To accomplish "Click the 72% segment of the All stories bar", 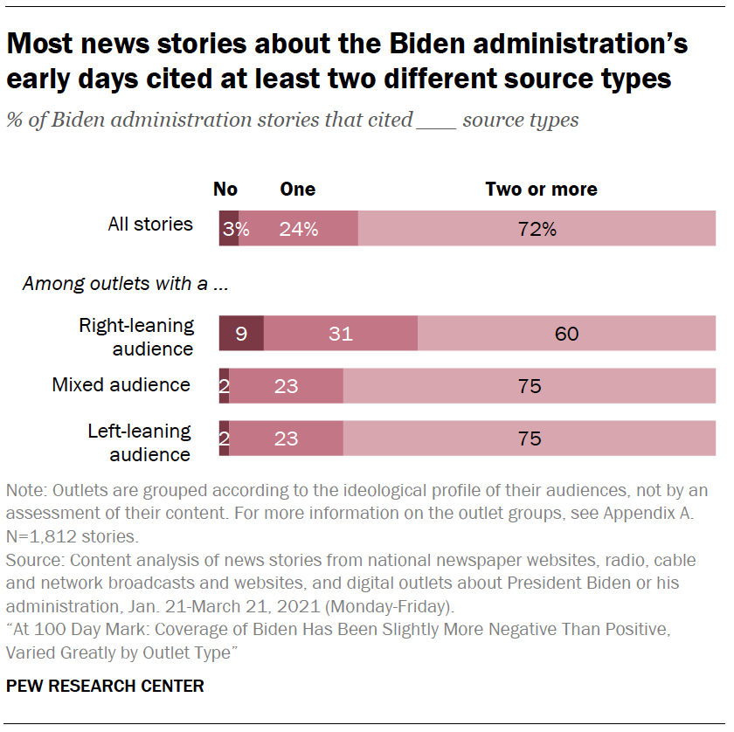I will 537,229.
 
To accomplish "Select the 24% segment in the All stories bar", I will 298,229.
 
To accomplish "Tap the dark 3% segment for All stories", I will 228,229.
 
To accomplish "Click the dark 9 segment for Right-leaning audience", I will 241,334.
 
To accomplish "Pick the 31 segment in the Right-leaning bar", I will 340,334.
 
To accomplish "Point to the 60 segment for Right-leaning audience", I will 566,334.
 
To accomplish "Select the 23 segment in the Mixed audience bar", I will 286,386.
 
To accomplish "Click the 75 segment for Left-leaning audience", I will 530,439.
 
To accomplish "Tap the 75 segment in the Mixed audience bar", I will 530,386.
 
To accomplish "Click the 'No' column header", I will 225,190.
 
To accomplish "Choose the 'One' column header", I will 297,190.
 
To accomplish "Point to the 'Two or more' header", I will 541,190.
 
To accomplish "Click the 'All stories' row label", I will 150,224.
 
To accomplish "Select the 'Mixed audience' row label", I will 121,384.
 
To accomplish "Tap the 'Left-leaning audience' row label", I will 139,442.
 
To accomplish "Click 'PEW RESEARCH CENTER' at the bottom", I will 105,686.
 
